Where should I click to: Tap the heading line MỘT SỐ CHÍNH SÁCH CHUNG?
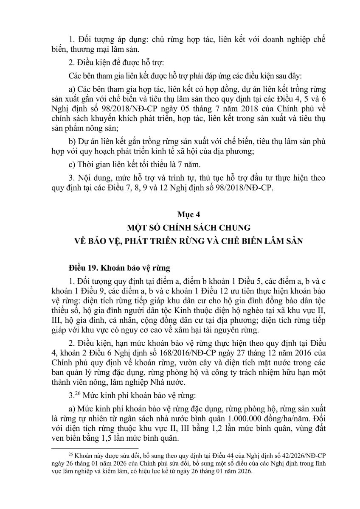click(x=180, y=228)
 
